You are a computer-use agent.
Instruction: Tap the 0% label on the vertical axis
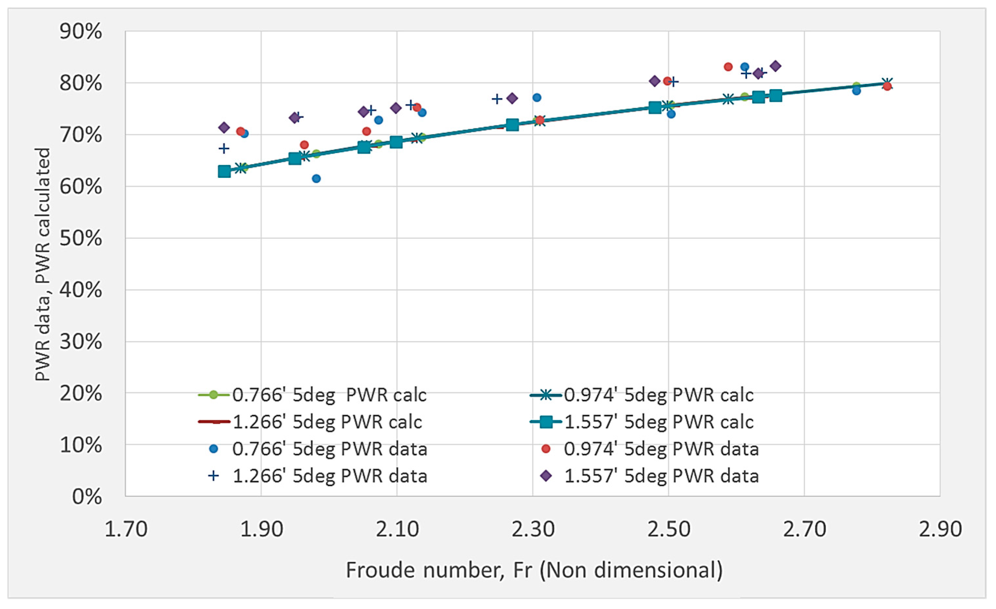point(87,497)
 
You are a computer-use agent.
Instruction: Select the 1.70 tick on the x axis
point(126,529)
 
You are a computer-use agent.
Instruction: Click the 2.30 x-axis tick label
point(533,529)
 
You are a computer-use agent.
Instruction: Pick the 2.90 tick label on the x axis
point(940,529)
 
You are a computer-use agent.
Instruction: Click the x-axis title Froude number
point(534,570)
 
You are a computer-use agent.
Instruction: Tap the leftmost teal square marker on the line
point(224,171)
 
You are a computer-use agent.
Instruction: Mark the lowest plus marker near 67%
point(224,149)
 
